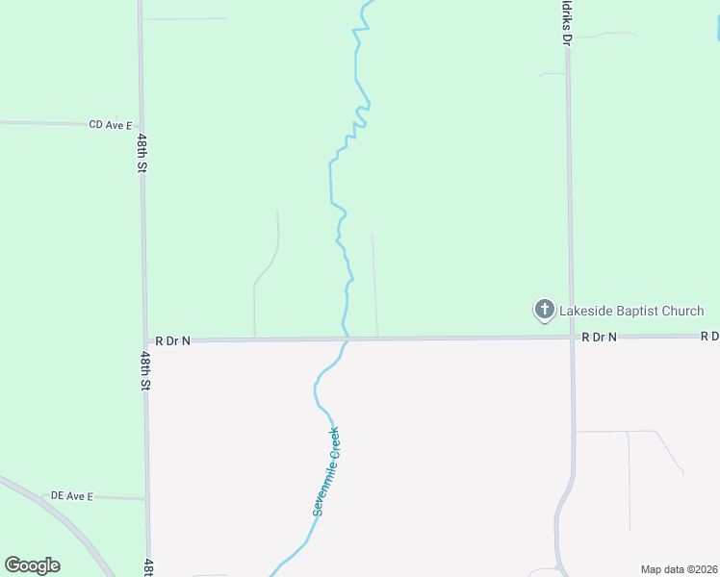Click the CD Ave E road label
(110, 124)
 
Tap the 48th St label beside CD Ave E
(141, 153)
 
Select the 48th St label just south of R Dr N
(144, 370)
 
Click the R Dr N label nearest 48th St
(173, 340)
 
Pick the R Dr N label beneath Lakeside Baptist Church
(598, 337)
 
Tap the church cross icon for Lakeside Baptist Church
(544, 310)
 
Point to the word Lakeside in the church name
(584, 311)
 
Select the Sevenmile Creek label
(326, 471)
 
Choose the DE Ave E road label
(72, 496)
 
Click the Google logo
(32, 564)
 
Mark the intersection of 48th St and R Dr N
(144, 340)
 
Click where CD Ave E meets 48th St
(141, 125)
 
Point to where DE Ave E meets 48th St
(146, 499)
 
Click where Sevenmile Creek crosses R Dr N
(346, 339)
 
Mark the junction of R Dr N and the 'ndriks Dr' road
(571, 338)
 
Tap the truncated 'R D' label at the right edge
(709, 336)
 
